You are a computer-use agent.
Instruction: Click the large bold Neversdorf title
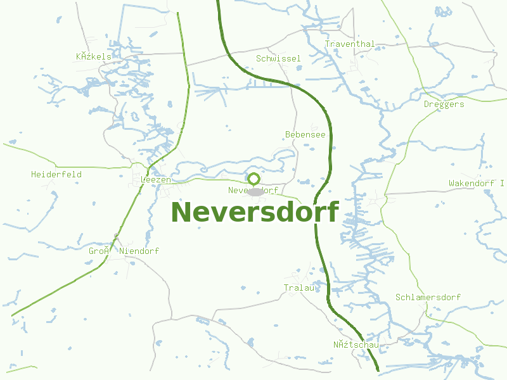click(255, 212)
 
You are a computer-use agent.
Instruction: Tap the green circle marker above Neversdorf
click(253, 179)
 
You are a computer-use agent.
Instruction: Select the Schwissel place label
click(278, 58)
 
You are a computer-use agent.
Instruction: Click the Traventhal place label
click(350, 44)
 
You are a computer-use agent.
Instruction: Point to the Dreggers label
click(444, 104)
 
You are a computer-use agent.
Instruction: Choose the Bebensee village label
click(305, 134)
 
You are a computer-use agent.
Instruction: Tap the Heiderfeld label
click(56, 174)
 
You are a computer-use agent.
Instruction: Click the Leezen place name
click(156, 180)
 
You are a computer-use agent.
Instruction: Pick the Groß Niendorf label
click(124, 251)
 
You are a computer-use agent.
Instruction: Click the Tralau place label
click(298, 288)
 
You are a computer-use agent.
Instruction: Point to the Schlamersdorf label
click(428, 297)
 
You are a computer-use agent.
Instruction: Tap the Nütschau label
click(356, 345)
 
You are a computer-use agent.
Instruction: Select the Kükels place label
click(94, 56)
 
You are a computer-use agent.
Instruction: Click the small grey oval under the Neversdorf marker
click(255, 192)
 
